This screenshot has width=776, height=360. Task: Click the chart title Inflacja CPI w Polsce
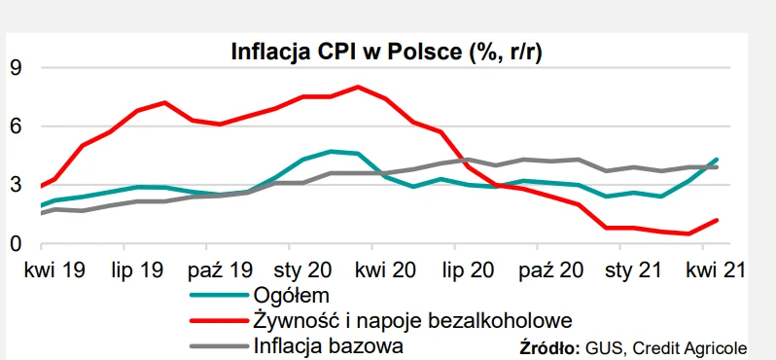coord(386,52)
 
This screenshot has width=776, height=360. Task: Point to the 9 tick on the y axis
coord(17,68)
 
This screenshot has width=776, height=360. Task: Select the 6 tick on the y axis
coord(17,126)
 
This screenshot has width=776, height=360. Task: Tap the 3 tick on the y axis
coord(17,185)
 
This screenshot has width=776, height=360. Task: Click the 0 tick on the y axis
coord(17,243)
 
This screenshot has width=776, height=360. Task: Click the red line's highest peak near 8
coord(359,87)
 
